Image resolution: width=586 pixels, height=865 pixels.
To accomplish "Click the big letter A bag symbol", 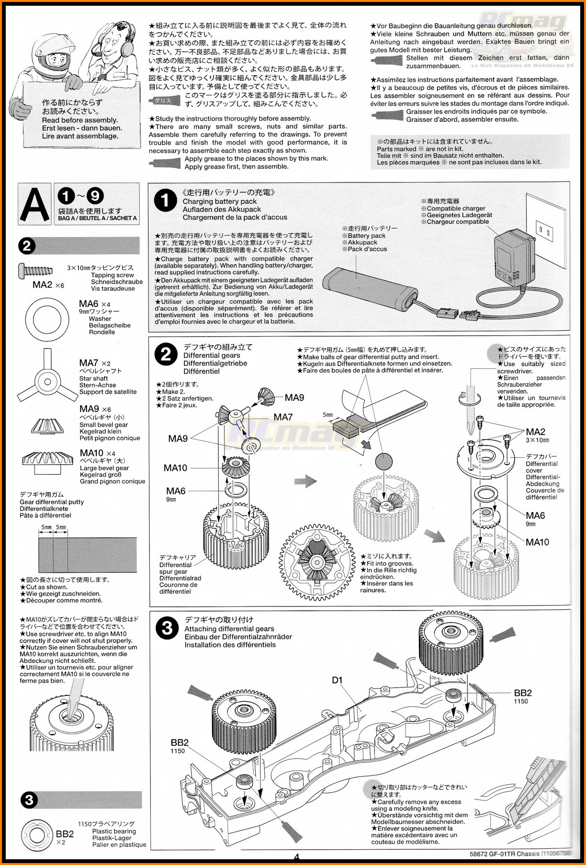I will (x=35, y=204).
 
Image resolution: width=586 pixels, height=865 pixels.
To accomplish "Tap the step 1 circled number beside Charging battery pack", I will (x=165, y=201).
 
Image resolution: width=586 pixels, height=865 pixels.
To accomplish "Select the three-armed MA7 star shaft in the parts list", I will (x=47, y=381).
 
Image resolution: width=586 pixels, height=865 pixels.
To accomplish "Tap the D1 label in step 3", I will (x=337, y=680).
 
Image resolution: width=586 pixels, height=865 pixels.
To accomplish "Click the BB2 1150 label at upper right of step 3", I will (x=522, y=696).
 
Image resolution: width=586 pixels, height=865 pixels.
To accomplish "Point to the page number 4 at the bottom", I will (x=296, y=857).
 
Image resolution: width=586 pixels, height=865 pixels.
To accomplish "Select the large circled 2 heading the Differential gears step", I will (x=166, y=355).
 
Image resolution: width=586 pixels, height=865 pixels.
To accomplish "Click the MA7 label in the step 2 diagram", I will (x=283, y=417).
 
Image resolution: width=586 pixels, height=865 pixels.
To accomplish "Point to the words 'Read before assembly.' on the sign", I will (x=79, y=120).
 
